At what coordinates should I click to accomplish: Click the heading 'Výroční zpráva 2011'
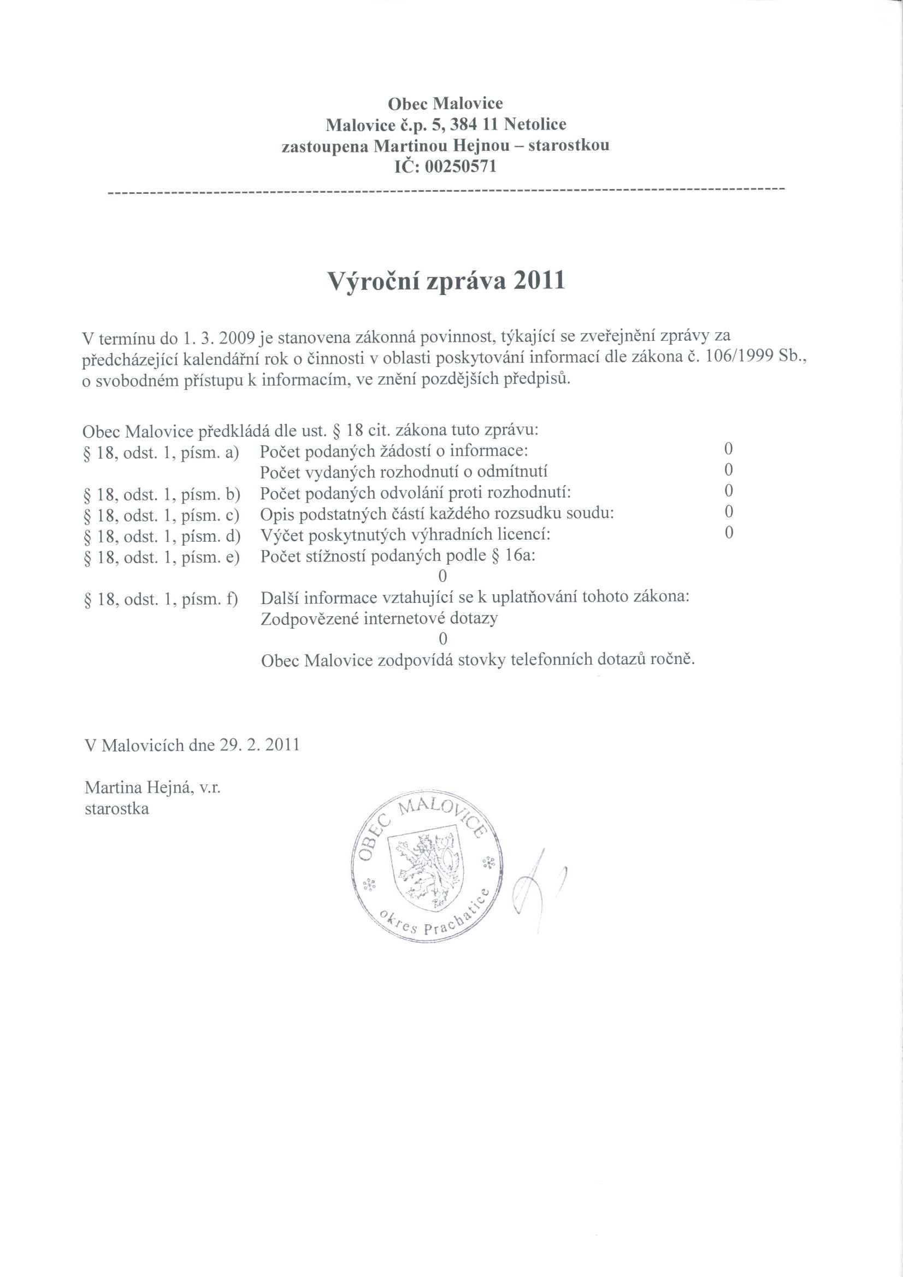(x=446, y=281)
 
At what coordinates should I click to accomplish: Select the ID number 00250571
(x=460, y=166)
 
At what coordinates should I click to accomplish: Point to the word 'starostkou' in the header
(x=569, y=146)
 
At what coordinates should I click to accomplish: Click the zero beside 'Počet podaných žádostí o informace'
(x=728, y=449)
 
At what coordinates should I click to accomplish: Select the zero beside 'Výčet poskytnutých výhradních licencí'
(x=728, y=534)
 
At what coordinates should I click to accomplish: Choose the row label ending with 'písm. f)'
(x=161, y=600)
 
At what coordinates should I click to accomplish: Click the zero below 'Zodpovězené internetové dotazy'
(x=443, y=638)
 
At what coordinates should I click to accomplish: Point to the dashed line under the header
(x=446, y=190)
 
